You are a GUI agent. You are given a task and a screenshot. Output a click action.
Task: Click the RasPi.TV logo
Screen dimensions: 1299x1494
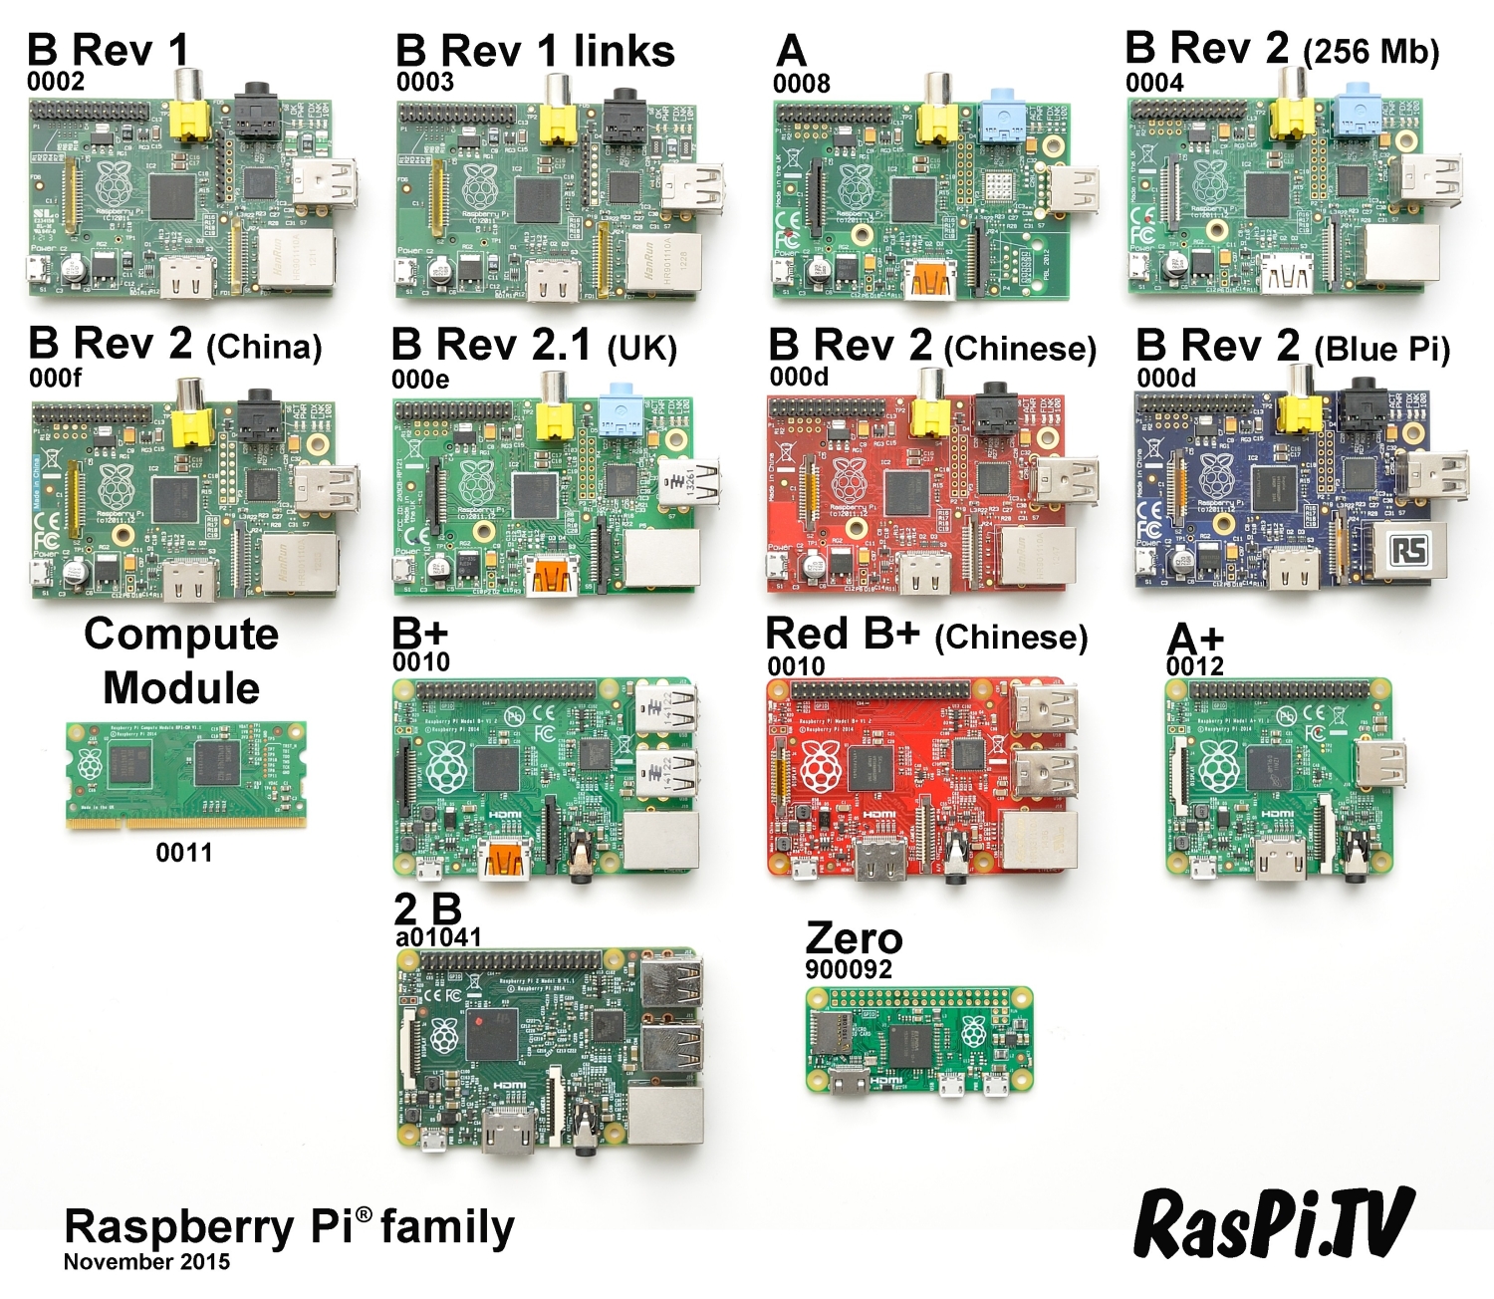(x=1274, y=1223)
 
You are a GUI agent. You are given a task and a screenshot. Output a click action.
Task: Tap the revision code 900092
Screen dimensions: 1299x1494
(x=849, y=969)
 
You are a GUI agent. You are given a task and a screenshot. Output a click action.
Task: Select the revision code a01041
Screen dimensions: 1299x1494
(x=438, y=937)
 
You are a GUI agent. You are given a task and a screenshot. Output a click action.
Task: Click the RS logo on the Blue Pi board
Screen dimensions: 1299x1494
(x=1408, y=551)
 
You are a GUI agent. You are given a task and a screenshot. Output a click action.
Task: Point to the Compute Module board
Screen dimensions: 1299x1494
(x=186, y=775)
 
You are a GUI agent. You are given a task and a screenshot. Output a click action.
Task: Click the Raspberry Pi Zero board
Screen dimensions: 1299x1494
(x=918, y=1041)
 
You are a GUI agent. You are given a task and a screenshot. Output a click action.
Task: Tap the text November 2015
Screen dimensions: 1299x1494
(x=146, y=1262)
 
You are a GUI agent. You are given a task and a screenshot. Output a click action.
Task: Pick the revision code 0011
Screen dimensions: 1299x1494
(x=184, y=853)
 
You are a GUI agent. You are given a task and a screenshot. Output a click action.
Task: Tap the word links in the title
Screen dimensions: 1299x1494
(x=623, y=52)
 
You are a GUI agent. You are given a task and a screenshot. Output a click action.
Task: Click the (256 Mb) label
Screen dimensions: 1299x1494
(x=1370, y=52)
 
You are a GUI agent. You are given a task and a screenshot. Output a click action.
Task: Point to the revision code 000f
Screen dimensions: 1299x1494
(x=56, y=379)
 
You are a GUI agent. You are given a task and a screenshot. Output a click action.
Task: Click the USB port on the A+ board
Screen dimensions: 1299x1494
(x=1380, y=763)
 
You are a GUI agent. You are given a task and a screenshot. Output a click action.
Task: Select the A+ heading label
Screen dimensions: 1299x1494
(x=1195, y=639)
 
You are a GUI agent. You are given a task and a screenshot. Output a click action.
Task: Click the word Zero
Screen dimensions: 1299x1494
(x=854, y=938)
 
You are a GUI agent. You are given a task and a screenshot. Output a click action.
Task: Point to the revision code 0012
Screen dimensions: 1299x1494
(x=1195, y=665)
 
